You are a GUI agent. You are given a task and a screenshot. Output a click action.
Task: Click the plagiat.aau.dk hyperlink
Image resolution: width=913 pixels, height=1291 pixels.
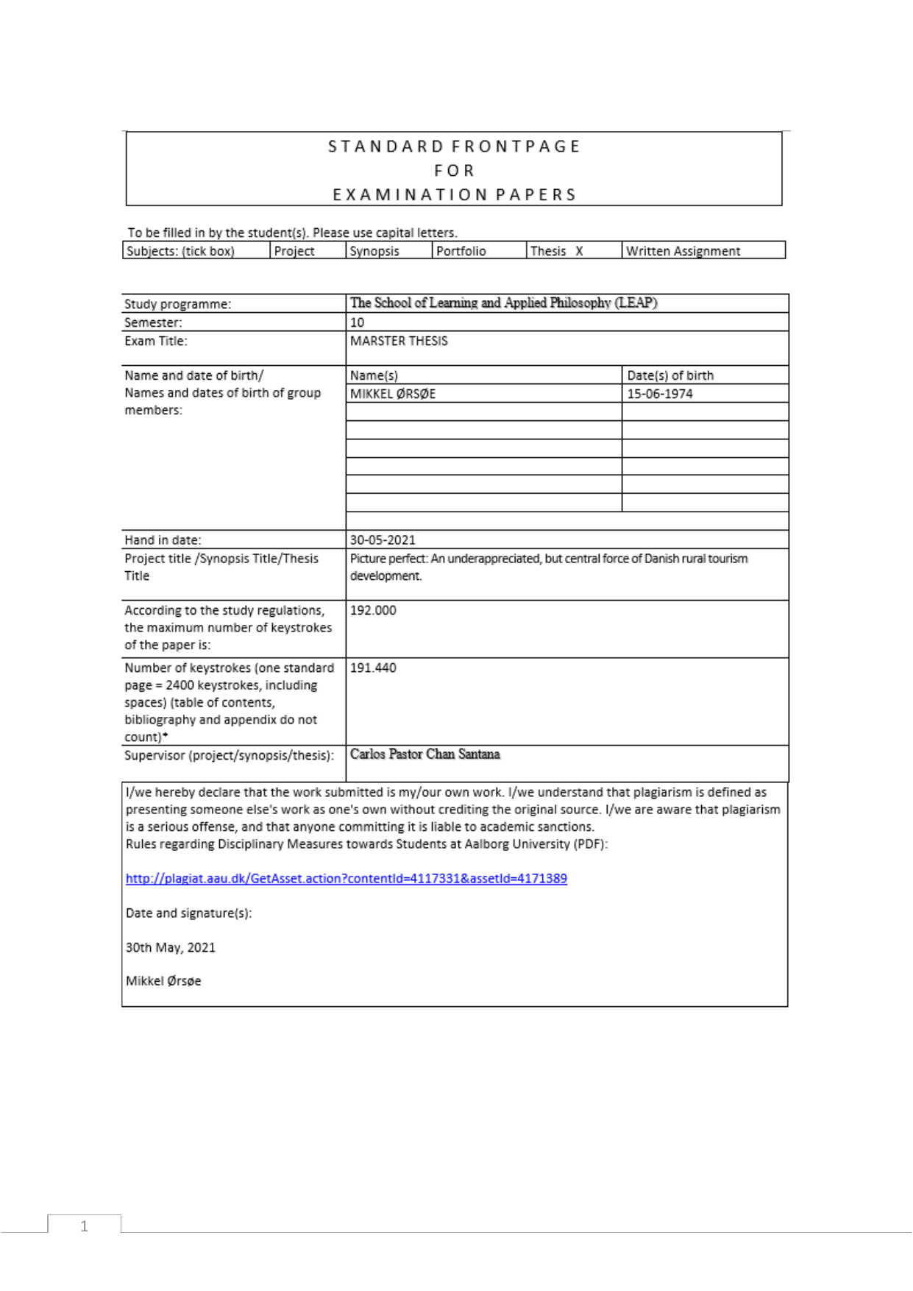[346, 878]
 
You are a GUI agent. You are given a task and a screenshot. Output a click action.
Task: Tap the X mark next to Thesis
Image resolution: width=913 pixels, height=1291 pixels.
[579, 251]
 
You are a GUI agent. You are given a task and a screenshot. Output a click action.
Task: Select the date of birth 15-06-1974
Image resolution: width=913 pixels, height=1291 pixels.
[659, 394]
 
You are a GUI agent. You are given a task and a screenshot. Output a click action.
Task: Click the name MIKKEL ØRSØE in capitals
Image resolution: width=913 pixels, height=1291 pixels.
[393, 394]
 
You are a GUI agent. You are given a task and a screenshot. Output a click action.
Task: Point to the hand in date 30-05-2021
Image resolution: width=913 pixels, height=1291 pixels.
[383, 540]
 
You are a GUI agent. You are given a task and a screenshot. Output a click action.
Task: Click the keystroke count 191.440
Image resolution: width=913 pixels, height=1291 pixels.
[373, 668]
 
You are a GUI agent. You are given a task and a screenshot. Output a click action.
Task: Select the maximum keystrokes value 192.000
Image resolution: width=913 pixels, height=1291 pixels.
[373, 610]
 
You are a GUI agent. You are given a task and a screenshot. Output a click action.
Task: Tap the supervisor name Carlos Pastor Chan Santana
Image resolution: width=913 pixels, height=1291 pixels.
[425, 754]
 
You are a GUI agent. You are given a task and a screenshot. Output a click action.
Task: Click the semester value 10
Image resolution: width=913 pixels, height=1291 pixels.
[357, 322]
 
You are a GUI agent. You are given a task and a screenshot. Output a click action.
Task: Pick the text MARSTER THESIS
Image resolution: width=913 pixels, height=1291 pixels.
[399, 341]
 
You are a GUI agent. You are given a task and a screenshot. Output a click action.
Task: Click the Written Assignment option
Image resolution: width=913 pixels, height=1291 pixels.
[683, 251]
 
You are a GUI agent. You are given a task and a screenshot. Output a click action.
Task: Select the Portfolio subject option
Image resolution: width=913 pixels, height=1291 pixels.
[461, 251]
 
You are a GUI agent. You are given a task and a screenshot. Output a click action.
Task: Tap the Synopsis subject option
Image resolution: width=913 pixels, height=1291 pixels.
[374, 251]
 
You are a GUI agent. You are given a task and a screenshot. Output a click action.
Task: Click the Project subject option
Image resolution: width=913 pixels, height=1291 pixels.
[294, 251]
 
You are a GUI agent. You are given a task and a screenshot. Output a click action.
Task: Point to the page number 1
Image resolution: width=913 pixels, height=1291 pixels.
[84, 1225]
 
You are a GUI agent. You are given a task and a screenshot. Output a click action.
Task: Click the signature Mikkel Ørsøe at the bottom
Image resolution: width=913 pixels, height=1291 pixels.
[163, 981]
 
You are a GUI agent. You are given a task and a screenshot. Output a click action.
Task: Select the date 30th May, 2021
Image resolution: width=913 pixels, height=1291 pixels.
[171, 947]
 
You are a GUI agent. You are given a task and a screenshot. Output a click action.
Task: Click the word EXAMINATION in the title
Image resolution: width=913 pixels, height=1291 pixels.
[410, 195]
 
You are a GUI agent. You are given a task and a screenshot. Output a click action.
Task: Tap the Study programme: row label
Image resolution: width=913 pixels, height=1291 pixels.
[177, 304]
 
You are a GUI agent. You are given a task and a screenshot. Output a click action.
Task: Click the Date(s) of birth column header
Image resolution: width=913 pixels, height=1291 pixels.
[670, 375]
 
